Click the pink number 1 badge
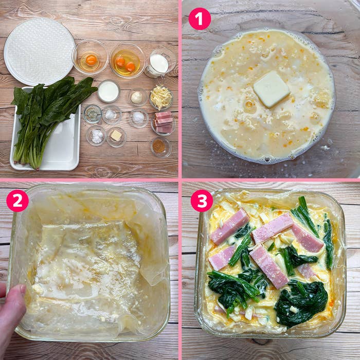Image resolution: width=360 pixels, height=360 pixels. pyautogui.click(x=200, y=19)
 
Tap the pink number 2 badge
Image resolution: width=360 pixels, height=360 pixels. pyautogui.click(x=17, y=201)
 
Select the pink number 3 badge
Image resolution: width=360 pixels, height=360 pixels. pyautogui.click(x=202, y=201)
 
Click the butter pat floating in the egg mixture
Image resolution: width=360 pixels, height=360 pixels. pyautogui.click(x=272, y=89)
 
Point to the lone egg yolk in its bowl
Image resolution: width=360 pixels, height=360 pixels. pyautogui.click(x=92, y=60)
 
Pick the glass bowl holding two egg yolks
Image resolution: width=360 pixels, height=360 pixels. pyautogui.click(x=127, y=61)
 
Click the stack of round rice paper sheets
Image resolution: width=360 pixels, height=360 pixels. pyautogui.click(x=39, y=51)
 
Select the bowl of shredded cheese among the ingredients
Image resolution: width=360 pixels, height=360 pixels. pyautogui.click(x=161, y=98)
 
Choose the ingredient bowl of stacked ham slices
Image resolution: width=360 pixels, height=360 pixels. pyautogui.click(x=164, y=122)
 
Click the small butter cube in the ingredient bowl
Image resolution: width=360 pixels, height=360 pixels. pyautogui.click(x=116, y=135)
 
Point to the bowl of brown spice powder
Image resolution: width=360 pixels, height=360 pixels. pyautogui.click(x=161, y=147)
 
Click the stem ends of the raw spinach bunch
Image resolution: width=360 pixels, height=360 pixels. pyautogui.click(x=25, y=158)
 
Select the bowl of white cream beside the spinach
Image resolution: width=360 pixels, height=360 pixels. pyautogui.click(x=109, y=91)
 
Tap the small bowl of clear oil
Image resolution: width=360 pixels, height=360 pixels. pyautogui.click(x=93, y=114)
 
